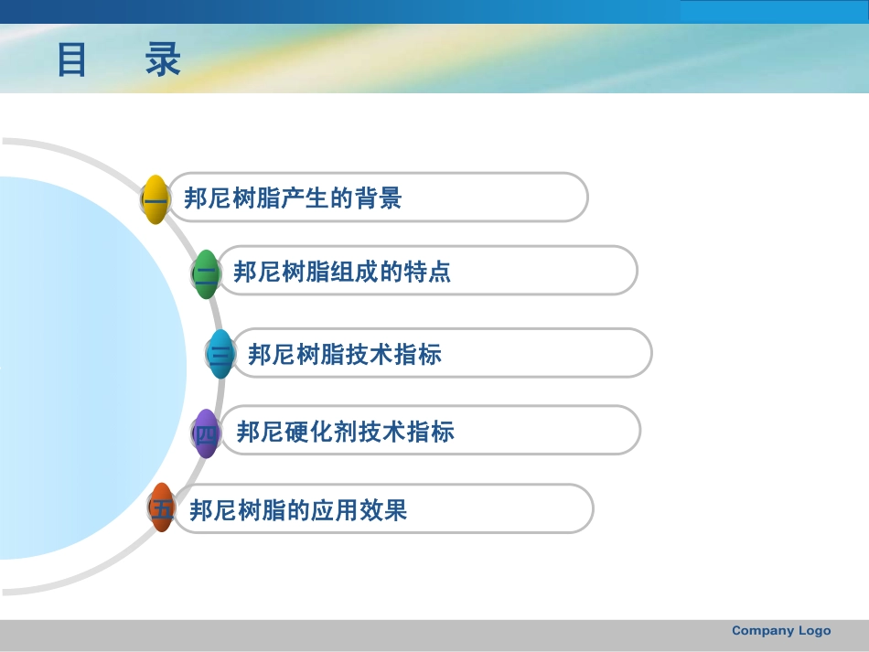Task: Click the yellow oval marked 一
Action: coord(156,198)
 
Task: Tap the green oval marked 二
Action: coord(207,273)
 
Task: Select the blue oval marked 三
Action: coord(220,354)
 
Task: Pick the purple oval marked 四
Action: coord(207,433)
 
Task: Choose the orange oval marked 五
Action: coord(162,508)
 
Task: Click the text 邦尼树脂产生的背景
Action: coord(293,198)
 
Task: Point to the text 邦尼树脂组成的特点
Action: coord(342,273)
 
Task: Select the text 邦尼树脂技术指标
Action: coord(345,355)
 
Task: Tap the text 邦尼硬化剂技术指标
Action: coord(345,432)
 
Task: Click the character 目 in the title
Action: coord(72,60)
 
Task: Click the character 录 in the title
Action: coord(163,60)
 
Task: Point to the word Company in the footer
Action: coord(763,631)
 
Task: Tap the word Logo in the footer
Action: coord(814,631)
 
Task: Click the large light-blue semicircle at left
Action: coord(82,366)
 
